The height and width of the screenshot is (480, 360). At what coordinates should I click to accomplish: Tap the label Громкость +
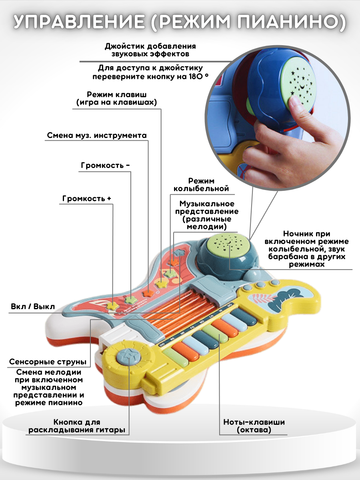pyautogui.click(x=87, y=198)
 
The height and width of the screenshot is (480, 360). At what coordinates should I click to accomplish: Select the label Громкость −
pyautogui.click(x=105, y=165)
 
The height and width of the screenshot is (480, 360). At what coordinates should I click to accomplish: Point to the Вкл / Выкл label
pyautogui.click(x=33, y=306)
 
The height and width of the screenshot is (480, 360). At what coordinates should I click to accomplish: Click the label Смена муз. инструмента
pyautogui.click(x=97, y=135)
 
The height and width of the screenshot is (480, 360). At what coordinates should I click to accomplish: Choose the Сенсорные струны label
pyautogui.click(x=48, y=362)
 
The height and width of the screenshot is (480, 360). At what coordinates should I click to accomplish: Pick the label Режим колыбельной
pyautogui.click(x=201, y=184)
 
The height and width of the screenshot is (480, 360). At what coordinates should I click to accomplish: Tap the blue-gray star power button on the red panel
pyautogui.click(x=180, y=253)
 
